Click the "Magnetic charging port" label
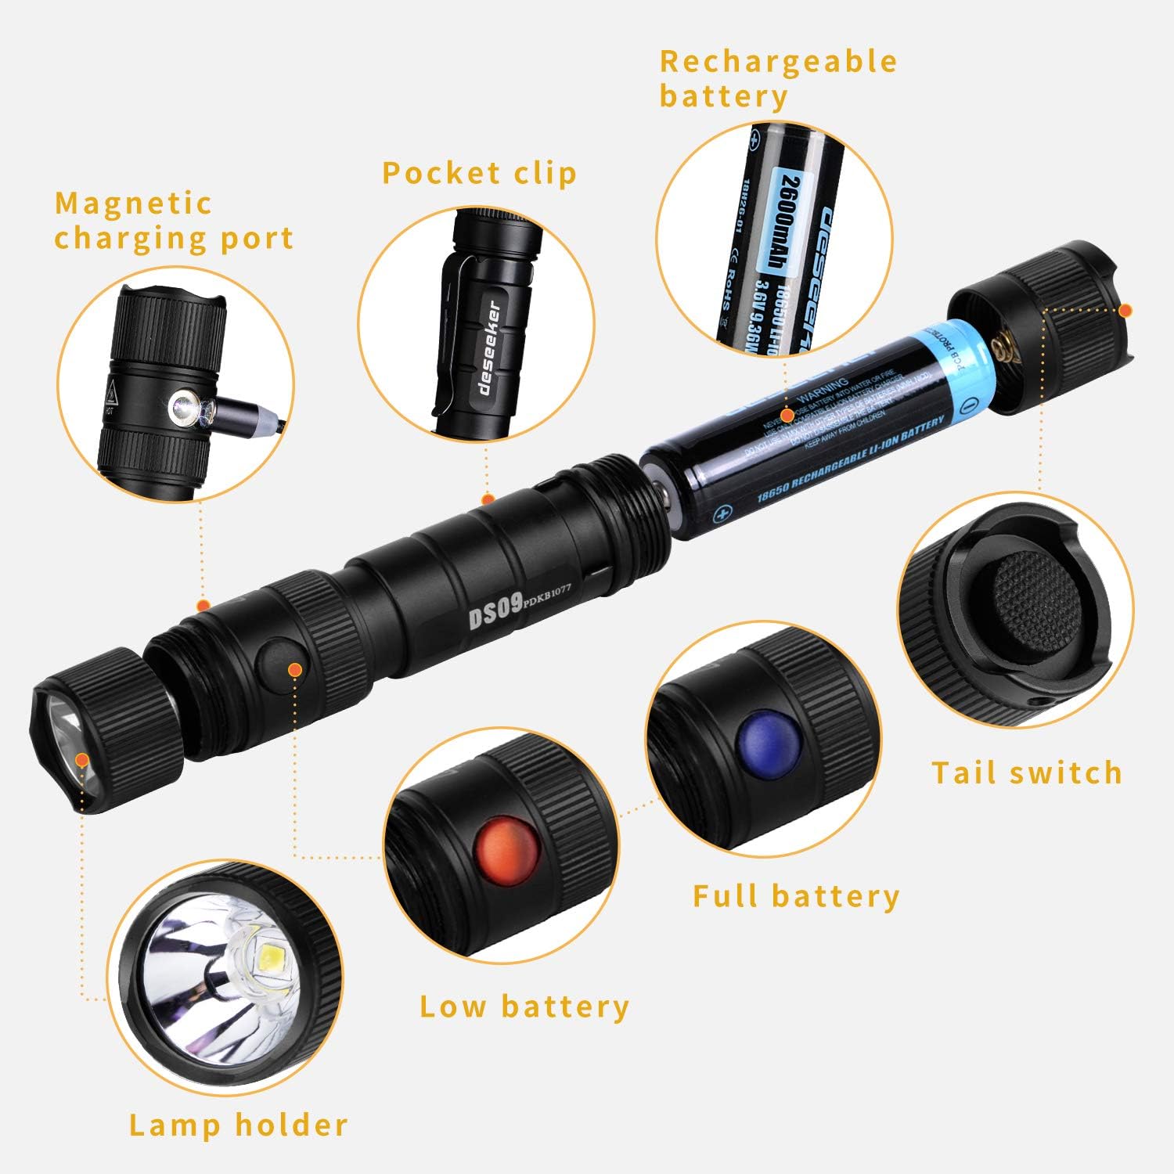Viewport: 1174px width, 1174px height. point(174,221)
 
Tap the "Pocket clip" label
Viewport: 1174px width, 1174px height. point(479,173)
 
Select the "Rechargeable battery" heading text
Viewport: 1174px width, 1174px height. point(777,78)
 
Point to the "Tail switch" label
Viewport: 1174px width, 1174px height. point(1027,772)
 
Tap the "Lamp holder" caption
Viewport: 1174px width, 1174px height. point(239,1125)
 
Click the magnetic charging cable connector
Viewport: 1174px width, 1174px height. point(235,411)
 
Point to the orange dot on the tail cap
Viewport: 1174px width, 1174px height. point(1125,310)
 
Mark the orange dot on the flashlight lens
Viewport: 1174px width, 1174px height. point(81,758)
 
